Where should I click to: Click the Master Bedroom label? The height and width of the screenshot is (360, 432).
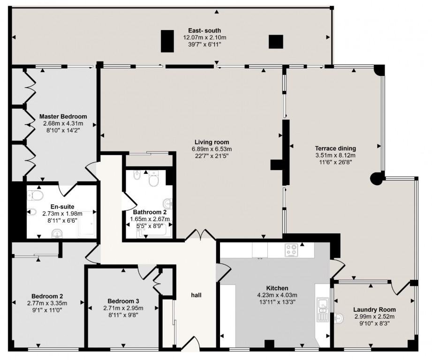click(x=63, y=116)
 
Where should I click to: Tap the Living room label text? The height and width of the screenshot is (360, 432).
click(x=212, y=142)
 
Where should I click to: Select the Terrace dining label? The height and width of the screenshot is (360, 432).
click(x=335, y=148)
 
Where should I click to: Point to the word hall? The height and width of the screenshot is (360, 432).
click(x=196, y=295)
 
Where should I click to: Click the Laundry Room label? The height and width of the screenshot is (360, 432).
click(x=374, y=310)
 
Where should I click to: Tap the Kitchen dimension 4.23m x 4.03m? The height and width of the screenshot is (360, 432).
click(x=277, y=295)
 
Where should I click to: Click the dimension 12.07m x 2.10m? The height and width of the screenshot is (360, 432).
click(x=205, y=37)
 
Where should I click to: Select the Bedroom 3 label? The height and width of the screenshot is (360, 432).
click(x=123, y=301)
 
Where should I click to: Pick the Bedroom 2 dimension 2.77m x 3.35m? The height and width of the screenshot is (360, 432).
click(x=47, y=303)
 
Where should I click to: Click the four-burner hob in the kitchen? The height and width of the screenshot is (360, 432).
click(x=291, y=250)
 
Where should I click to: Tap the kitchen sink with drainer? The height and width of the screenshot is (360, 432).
click(x=322, y=309)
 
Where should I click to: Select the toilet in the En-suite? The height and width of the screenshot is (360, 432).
click(x=35, y=195)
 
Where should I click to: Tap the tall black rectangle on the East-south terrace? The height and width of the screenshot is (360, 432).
click(x=167, y=41)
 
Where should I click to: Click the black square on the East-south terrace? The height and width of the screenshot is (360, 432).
click(x=276, y=42)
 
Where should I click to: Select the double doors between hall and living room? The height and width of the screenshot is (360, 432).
click(x=201, y=235)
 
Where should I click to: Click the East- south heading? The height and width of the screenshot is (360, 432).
click(x=205, y=30)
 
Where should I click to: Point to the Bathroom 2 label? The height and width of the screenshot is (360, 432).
click(x=150, y=212)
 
